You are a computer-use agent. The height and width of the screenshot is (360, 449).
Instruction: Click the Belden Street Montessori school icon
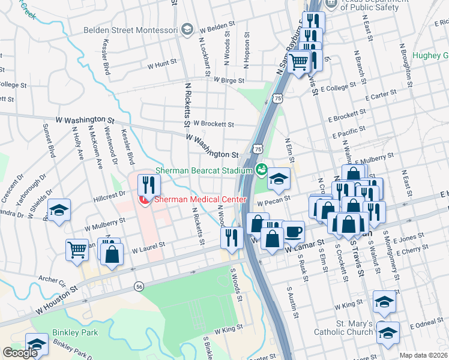click(187, 29)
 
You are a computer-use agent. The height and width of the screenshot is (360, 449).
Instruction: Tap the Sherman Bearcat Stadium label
click(203, 171)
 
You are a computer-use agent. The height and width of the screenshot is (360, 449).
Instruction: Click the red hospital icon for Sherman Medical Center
click(144, 199)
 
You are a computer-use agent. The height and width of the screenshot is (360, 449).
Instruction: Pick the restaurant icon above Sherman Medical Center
click(147, 184)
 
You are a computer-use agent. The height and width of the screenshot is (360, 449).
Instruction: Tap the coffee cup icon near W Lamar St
click(293, 232)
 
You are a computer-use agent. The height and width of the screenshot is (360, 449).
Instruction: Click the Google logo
click(20, 352)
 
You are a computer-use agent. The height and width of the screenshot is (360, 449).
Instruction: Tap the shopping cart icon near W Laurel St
click(77, 248)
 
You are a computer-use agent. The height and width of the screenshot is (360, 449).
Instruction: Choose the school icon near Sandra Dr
click(59, 210)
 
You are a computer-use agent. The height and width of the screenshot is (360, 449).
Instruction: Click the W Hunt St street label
click(161, 62)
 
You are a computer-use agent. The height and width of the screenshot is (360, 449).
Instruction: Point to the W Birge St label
click(228, 80)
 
